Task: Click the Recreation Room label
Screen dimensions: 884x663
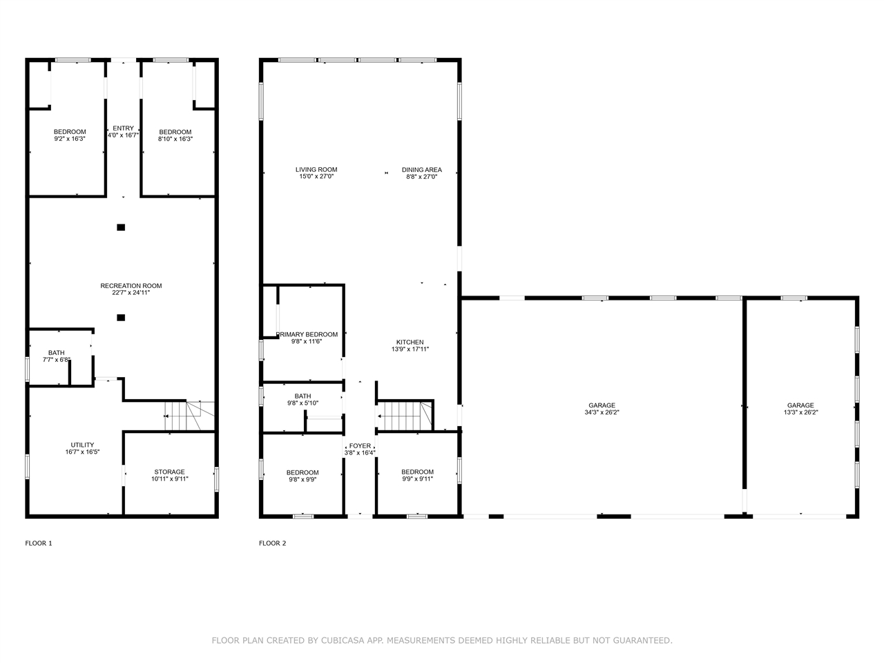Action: (131, 286)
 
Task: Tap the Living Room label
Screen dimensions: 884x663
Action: (316, 170)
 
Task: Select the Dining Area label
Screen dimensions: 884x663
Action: (422, 170)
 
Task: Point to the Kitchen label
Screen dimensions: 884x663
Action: (410, 342)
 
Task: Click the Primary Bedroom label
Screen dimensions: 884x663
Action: (307, 334)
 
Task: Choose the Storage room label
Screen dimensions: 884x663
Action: (170, 472)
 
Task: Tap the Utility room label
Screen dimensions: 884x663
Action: (83, 445)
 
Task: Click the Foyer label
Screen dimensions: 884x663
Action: (360, 446)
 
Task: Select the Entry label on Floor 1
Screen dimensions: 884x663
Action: (123, 128)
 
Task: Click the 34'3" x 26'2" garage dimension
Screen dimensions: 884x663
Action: (602, 412)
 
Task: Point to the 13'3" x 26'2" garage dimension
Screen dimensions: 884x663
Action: (800, 412)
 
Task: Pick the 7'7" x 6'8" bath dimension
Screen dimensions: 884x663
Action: (57, 360)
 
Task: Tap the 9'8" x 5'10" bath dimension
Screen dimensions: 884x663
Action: (303, 403)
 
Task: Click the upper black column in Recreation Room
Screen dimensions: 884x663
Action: (121, 227)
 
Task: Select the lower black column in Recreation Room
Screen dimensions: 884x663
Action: (121, 318)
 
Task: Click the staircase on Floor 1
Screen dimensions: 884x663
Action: (189, 416)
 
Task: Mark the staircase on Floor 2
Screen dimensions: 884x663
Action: (404, 416)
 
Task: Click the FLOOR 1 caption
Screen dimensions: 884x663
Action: (39, 544)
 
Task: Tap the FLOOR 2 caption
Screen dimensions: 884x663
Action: (273, 544)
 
